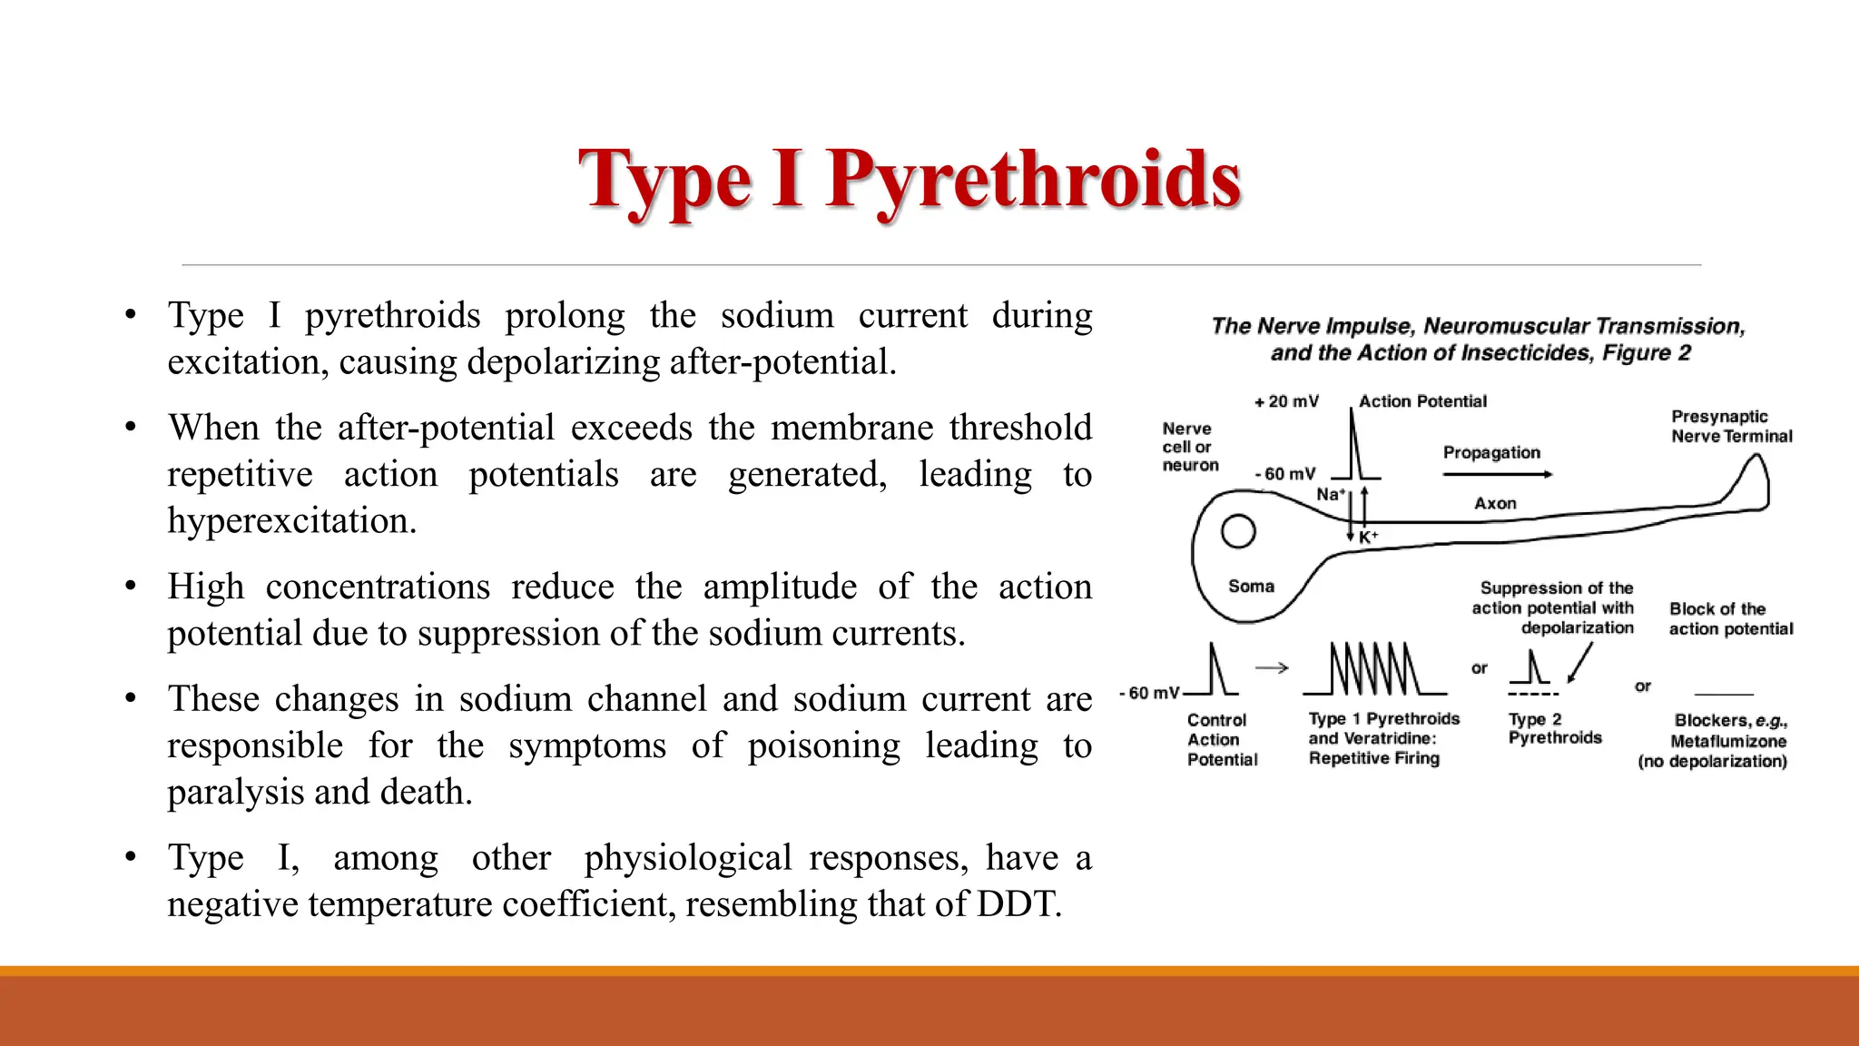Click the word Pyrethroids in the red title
1033,179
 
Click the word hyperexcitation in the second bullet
291,521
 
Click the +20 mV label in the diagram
1286,401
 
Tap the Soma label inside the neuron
1251,587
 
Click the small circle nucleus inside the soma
1238,532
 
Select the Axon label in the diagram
1495,503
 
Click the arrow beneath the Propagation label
1498,474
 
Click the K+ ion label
1368,537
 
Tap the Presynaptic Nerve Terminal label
1731,426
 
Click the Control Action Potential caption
1221,739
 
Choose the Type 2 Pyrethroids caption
1554,728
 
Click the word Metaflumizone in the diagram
1728,741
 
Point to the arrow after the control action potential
1272,668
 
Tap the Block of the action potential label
1730,618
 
